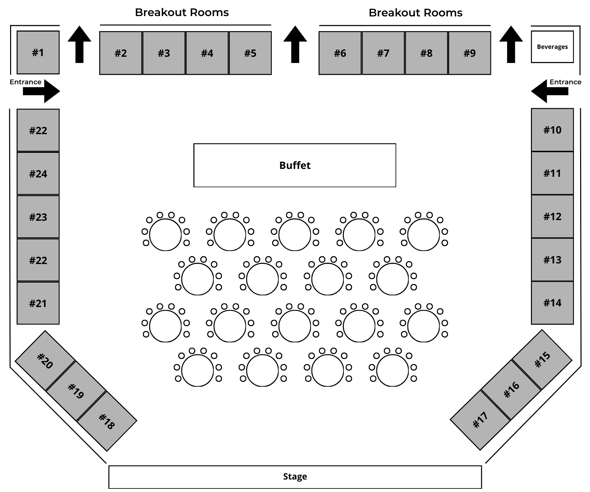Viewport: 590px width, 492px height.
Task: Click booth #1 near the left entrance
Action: (38, 52)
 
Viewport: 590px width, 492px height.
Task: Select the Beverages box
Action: (552, 47)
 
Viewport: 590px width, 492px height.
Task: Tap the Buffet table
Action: (295, 165)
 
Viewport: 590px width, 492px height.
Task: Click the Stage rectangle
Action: (295, 477)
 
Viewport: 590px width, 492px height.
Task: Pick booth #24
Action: (38, 174)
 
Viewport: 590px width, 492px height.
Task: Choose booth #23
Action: (38, 217)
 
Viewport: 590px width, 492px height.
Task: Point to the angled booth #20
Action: (45, 360)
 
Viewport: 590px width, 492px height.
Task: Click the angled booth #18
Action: (107, 421)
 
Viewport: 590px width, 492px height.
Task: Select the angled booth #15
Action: (542, 359)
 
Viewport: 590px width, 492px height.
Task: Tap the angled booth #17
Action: (480, 420)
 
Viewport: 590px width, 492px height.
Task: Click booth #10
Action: (552, 130)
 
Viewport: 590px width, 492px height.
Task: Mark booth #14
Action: (552, 303)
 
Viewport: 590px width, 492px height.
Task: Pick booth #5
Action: (250, 53)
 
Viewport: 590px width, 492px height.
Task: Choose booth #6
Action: (340, 53)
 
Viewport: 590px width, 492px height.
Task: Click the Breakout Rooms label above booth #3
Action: (182, 12)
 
